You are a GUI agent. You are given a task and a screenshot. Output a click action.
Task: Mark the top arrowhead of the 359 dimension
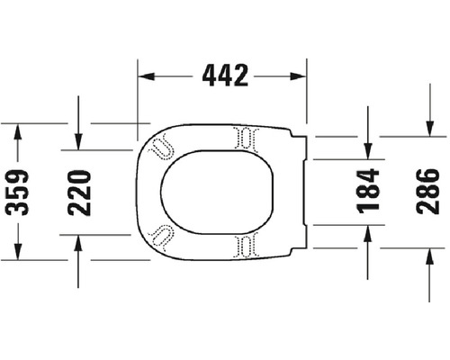(16, 131)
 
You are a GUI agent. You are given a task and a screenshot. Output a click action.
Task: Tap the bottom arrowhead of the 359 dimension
(16, 251)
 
